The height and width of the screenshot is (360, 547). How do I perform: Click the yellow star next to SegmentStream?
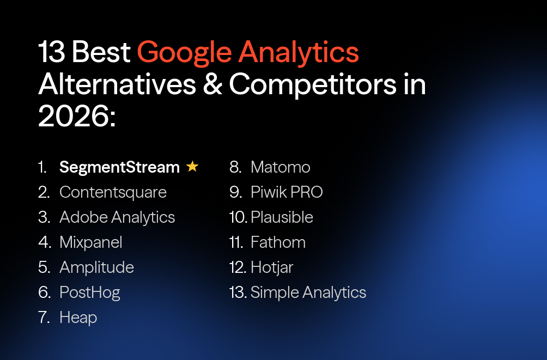[192, 167]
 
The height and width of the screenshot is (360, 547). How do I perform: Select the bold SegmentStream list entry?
[119, 167]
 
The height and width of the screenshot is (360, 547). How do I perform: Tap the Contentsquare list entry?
[113, 192]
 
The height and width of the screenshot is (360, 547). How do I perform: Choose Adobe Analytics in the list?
[117, 217]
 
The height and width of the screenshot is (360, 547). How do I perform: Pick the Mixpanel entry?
[91, 242]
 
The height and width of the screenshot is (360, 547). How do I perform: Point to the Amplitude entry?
[96, 267]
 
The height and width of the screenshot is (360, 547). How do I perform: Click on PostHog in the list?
[90, 292]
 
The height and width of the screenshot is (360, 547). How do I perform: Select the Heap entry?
[78, 318]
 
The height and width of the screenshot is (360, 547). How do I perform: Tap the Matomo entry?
[280, 167]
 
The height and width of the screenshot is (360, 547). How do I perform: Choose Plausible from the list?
[282, 217]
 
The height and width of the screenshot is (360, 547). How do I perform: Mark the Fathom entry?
[278, 242]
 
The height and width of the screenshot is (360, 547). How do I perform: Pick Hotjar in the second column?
[272, 267]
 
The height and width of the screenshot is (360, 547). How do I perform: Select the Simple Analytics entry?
[308, 292]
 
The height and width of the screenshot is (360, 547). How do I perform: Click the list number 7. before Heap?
[44, 318]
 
